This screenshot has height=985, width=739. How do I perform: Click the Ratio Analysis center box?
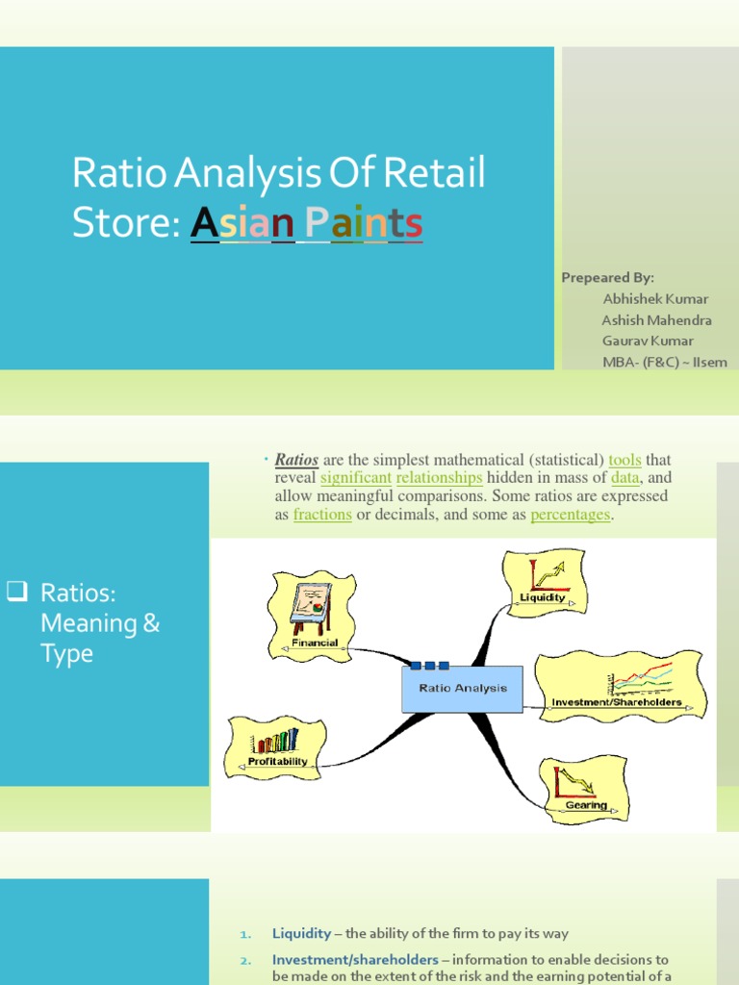click(x=462, y=689)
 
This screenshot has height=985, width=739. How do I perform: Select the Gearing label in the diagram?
click(x=586, y=805)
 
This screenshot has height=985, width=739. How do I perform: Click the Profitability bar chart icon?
click(x=275, y=741)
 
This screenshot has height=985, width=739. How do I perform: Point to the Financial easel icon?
click(x=311, y=605)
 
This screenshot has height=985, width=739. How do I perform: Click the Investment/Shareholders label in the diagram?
click(x=617, y=702)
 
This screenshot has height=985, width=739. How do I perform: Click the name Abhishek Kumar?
click(x=654, y=298)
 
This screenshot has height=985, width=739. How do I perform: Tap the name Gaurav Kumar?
click(x=648, y=341)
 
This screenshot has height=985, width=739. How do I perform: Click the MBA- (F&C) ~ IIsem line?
click(x=665, y=362)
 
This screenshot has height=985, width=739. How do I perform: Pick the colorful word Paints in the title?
click(x=364, y=223)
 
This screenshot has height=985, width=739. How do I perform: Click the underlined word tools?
click(x=625, y=460)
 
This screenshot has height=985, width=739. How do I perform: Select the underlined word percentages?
click(x=571, y=515)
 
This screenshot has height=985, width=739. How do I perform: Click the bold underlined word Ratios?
click(x=296, y=460)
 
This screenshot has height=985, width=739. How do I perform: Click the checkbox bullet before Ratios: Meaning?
click(x=14, y=592)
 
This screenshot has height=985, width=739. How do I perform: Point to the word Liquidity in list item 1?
click(x=302, y=933)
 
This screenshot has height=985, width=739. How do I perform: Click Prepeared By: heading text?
click(x=607, y=277)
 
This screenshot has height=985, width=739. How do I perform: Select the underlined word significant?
click(x=356, y=478)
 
